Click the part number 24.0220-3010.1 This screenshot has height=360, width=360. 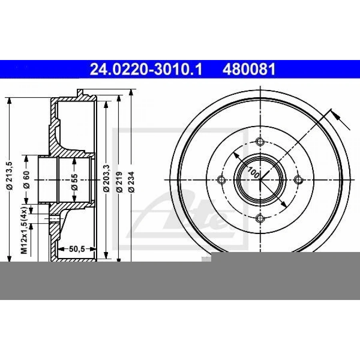pyautogui.click(x=146, y=69)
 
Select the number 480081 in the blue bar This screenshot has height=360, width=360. pyautogui.click(x=249, y=69)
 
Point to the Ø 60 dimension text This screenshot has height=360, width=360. pyautogui.click(x=26, y=180)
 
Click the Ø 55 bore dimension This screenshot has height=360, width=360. pyautogui.click(x=74, y=182)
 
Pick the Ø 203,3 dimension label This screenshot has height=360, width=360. pyautogui.click(x=106, y=178)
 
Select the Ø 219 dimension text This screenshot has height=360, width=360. pyautogui.click(x=119, y=181)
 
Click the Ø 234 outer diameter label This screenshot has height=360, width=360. pyautogui.click(x=131, y=181)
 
